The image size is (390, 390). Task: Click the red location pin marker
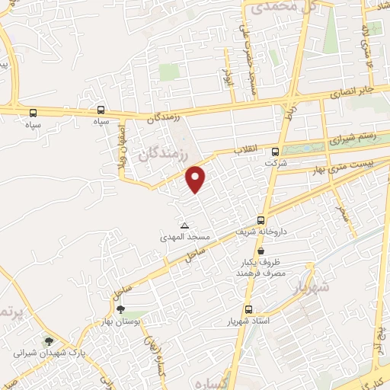click(x=197, y=179)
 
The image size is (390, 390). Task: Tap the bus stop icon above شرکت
click(x=275, y=151)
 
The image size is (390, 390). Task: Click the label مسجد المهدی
click(x=184, y=238)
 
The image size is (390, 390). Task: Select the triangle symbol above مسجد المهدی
click(x=184, y=226)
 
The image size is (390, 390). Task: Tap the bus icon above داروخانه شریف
click(x=261, y=219)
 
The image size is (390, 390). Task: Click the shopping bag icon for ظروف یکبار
click(x=261, y=250)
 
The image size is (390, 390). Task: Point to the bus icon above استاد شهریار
click(x=249, y=309)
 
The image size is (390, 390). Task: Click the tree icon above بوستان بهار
click(x=121, y=308)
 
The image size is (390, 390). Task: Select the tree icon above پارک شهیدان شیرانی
click(x=50, y=342)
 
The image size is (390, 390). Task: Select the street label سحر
click(x=344, y=213)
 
